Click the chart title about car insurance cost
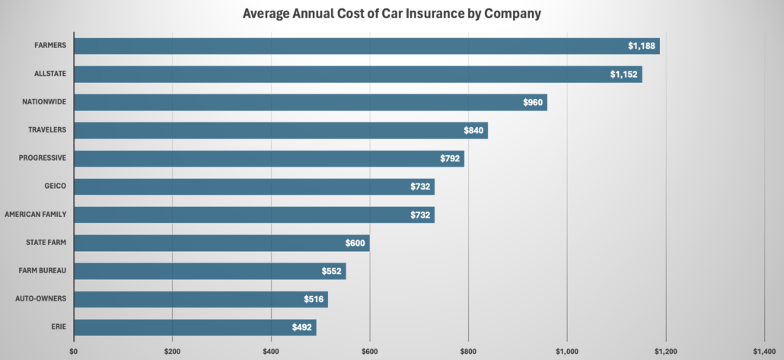392,14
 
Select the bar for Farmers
365,46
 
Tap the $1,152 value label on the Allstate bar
624,75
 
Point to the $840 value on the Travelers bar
473,131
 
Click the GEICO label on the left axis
55,186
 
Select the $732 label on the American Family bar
420,215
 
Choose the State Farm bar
221,244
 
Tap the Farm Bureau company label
45,271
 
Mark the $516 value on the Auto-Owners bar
314,300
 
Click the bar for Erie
194,327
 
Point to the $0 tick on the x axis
74,352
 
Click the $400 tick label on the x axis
271,352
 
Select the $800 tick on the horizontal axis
468,352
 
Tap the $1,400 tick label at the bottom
763,352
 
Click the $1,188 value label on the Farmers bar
642,46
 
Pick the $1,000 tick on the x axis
566,352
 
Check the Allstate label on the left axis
50,74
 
